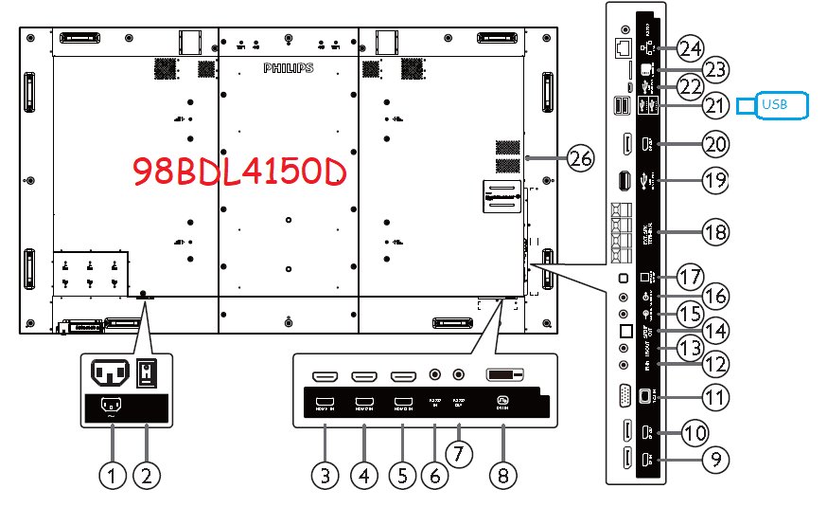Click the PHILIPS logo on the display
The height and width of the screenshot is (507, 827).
pos(288,68)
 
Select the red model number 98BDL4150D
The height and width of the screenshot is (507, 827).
pos(239,172)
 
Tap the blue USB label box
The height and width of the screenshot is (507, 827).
pos(783,105)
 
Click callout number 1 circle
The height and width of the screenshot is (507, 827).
pos(113,475)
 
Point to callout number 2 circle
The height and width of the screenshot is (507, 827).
pos(146,475)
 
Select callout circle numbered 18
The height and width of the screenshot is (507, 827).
pos(715,229)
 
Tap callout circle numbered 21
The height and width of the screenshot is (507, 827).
pos(715,105)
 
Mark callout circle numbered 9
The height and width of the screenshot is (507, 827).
pos(715,462)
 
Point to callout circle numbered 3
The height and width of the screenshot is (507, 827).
pos(326,475)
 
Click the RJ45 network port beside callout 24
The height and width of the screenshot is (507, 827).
pos(624,46)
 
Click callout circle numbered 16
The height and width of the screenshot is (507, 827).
pos(715,296)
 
